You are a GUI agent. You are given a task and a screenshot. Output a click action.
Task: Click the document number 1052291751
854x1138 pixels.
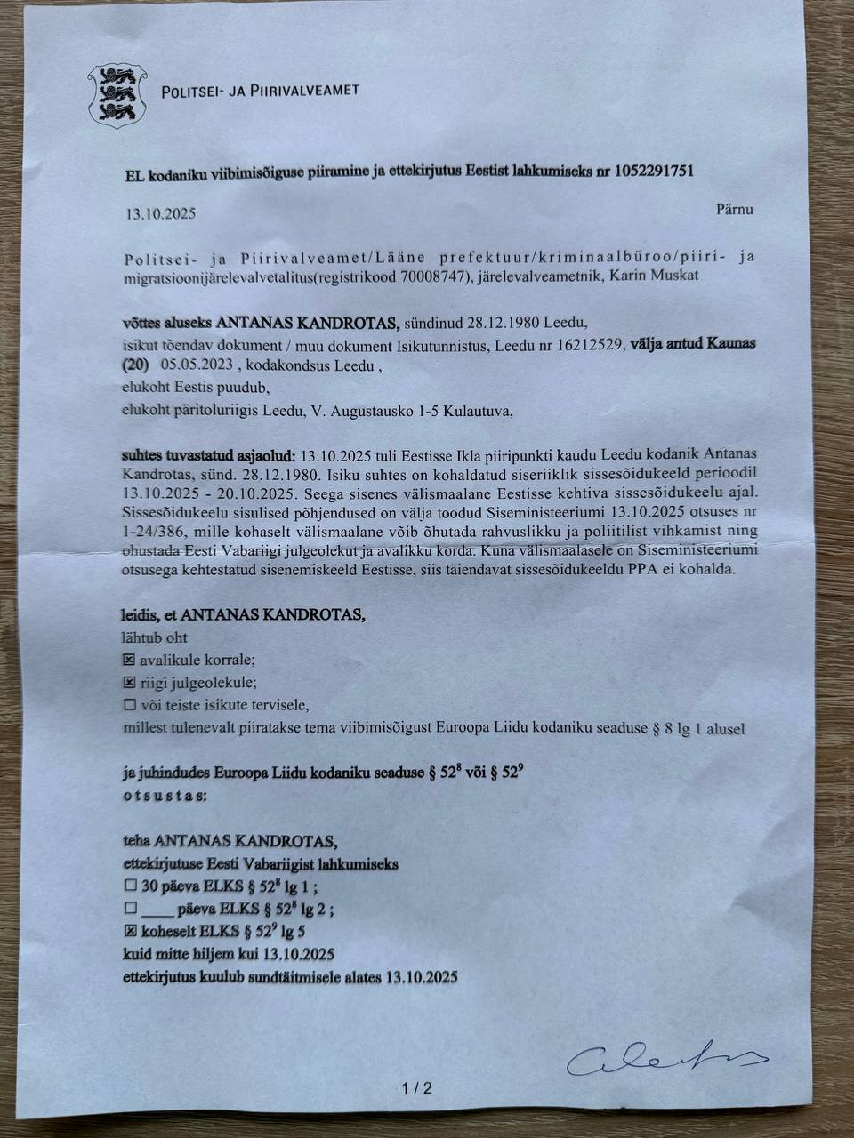pos(654,172)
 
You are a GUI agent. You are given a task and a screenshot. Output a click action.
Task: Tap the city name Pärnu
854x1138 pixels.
pos(734,210)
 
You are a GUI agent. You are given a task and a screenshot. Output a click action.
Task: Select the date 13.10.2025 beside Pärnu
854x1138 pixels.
pos(160,214)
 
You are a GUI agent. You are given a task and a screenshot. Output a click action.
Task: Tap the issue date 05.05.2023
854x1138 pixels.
pos(197,365)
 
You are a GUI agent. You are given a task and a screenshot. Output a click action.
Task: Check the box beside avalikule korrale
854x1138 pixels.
pos(129,661)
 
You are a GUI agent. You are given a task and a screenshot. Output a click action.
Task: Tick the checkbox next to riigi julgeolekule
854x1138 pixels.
pos(129,683)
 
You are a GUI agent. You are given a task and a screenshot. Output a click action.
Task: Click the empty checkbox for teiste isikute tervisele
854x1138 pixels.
pos(129,706)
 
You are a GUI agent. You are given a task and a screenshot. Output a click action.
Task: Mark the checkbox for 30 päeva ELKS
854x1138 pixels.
pos(130,886)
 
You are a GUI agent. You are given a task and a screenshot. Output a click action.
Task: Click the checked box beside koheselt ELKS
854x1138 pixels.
pos(130,932)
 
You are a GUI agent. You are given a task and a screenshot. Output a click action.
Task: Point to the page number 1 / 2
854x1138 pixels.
pos(415,1087)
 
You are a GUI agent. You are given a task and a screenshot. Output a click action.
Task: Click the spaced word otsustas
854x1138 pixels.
pos(165,795)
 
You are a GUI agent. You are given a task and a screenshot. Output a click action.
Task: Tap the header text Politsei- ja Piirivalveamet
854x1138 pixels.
pos(260,91)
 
